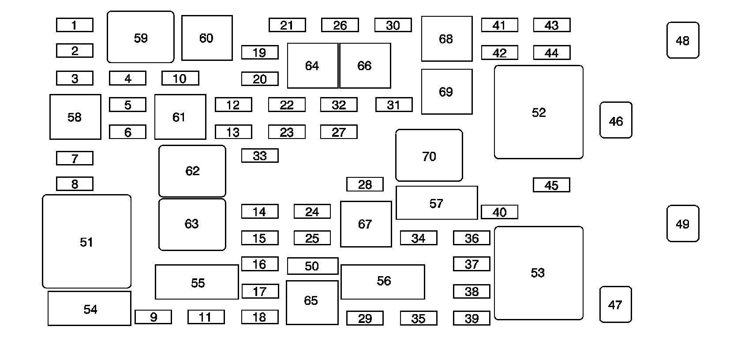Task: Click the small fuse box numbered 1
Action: tap(75, 25)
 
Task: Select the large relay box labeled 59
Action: tap(141, 37)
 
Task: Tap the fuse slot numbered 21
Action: tap(287, 25)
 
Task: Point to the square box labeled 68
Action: tap(446, 39)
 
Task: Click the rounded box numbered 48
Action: tap(683, 40)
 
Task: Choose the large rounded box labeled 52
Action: tap(539, 112)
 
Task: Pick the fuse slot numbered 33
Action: tap(260, 155)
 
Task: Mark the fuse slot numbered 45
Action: tap(551, 185)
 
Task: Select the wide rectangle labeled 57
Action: tap(437, 203)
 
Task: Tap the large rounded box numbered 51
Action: tap(86, 241)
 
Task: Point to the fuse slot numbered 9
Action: tap(153, 317)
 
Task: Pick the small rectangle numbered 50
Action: tap(312, 266)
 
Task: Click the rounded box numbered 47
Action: tap(616, 304)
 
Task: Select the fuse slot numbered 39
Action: tap(472, 318)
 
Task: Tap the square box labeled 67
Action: tap(366, 224)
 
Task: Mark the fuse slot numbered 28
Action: tap(365, 184)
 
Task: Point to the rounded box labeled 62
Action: tap(192, 171)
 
